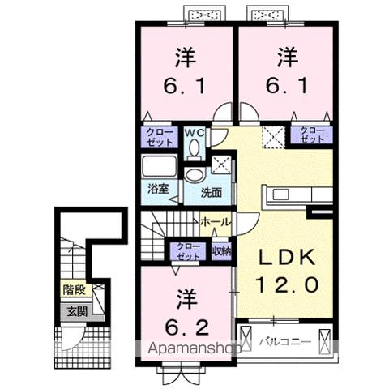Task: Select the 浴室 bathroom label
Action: pyautogui.click(x=157, y=191)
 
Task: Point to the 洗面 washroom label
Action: pyautogui.click(x=212, y=193)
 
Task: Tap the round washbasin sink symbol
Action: pyautogui.click(x=194, y=175)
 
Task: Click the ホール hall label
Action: pyautogui.click(x=215, y=220)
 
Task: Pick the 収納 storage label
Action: pyautogui.click(x=220, y=250)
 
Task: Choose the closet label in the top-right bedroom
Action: pyautogui.click(x=310, y=135)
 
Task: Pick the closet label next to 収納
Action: pyautogui.click(x=186, y=251)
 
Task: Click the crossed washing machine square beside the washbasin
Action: pyautogui.click(x=220, y=164)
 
